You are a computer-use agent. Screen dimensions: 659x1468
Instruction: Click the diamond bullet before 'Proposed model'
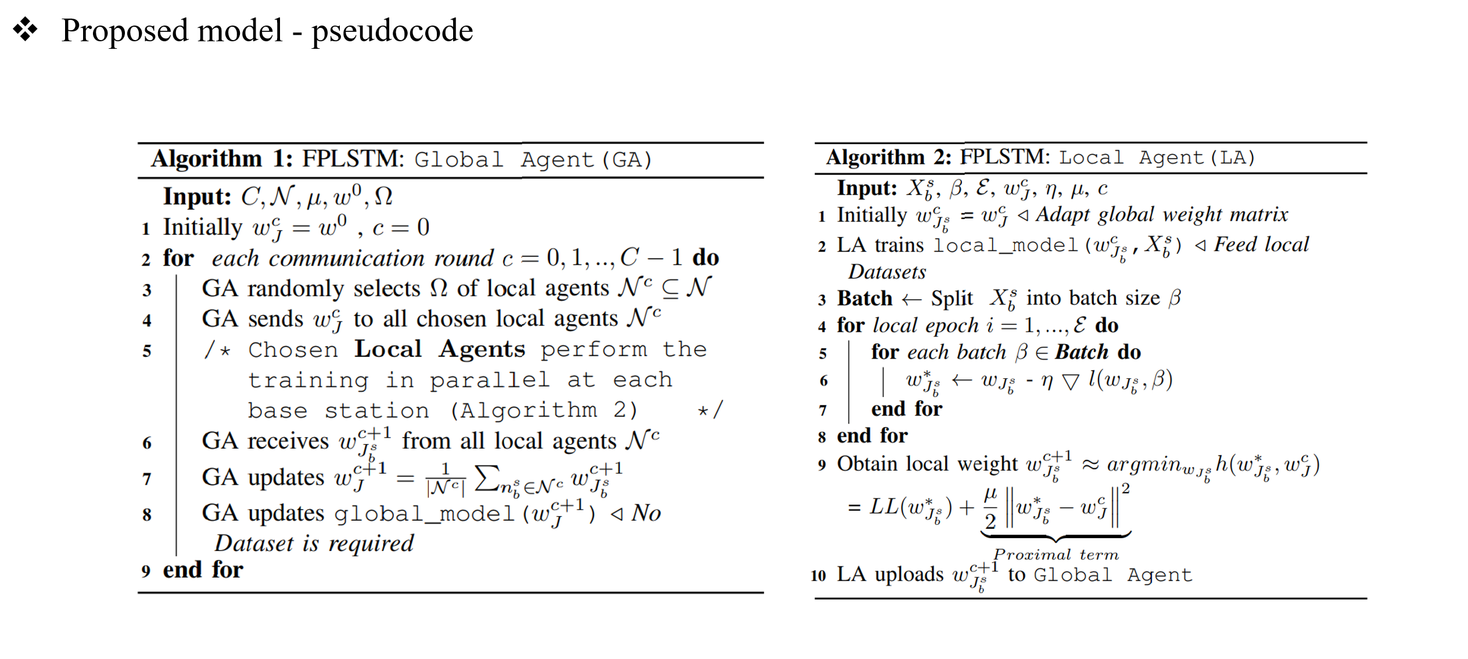26,30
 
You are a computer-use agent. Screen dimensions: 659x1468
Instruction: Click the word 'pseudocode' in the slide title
392,31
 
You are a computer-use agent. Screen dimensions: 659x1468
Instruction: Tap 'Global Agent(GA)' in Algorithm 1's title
533,159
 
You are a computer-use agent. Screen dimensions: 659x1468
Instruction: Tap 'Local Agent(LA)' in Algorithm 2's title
1157,157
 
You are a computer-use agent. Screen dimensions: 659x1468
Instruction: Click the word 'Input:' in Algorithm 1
197,196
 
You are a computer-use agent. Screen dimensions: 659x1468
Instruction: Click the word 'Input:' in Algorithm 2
867,188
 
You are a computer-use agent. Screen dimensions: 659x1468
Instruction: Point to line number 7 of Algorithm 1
147,479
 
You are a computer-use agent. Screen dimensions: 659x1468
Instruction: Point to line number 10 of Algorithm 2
818,576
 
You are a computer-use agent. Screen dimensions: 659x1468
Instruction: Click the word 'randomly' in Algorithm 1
296,289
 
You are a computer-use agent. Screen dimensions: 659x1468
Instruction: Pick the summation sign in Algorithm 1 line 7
487,478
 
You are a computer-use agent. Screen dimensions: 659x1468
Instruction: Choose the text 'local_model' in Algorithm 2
1005,245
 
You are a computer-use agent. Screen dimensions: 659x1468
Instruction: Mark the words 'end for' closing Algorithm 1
203,570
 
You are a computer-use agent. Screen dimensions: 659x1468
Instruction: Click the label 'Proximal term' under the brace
1056,555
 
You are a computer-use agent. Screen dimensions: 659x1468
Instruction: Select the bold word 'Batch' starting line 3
864,298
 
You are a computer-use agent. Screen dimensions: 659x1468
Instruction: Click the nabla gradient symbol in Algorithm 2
1069,381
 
